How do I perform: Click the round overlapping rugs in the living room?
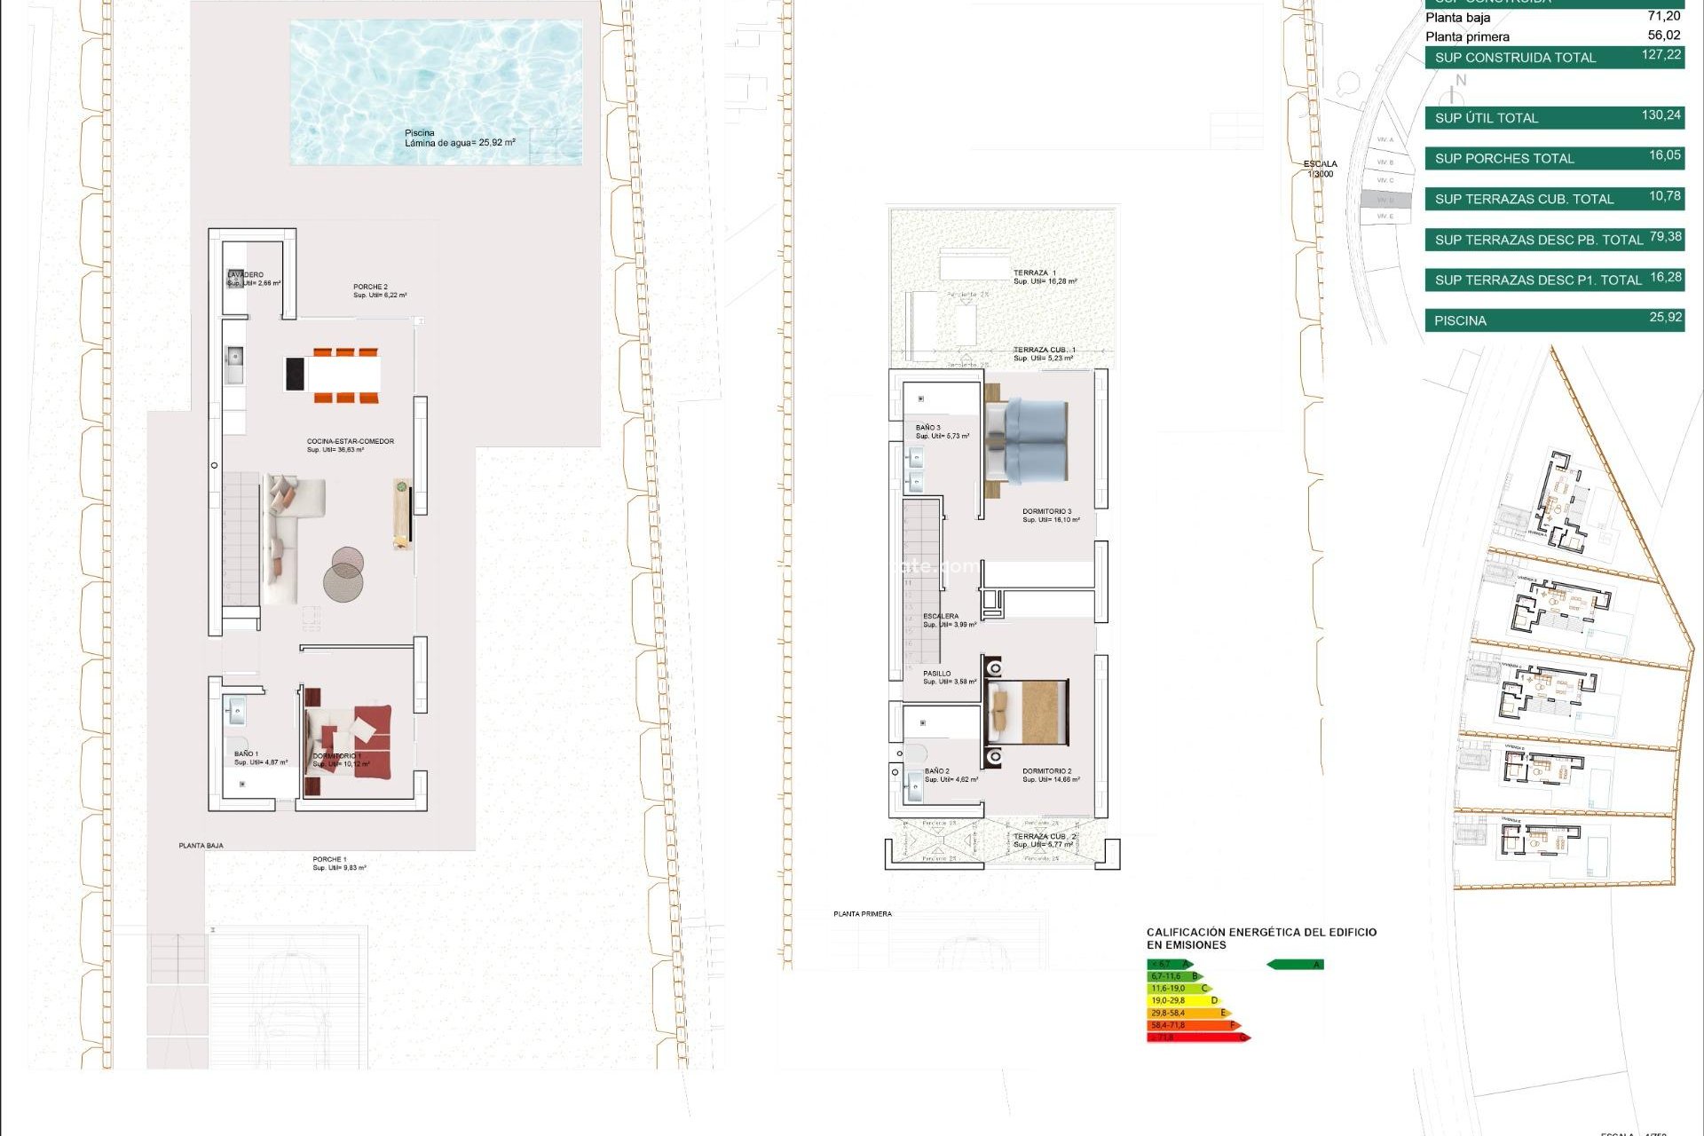point(344,574)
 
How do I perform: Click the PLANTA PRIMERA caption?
point(862,914)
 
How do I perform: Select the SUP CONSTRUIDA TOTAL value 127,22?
point(1661,55)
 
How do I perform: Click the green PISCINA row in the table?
point(1553,320)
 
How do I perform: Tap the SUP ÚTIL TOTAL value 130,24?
point(1661,115)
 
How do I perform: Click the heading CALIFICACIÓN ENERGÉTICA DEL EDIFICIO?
point(1260,933)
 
